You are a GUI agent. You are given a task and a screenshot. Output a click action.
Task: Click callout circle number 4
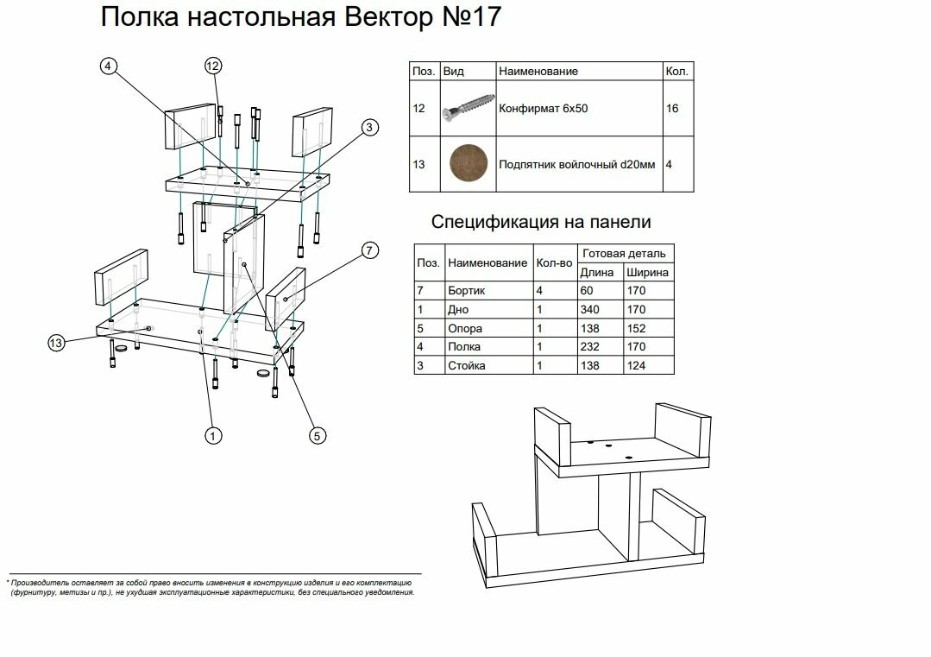(x=108, y=66)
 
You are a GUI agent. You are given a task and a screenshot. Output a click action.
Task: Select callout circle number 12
(x=213, y=66)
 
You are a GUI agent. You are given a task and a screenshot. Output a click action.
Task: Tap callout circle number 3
(x=368, y=128)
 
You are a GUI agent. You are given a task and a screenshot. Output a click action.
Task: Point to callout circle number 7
(x=368, y=250)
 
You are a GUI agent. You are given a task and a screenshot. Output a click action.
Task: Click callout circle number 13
(x=56, y=343)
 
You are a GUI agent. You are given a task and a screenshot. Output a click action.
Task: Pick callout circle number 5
(x=317, y=436)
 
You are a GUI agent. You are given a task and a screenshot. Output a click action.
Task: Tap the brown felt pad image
(x=468, y=164)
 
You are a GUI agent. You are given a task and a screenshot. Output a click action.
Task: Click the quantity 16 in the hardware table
(x=673, y=110)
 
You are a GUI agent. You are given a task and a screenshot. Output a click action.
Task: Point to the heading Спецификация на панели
(x=541, y=223)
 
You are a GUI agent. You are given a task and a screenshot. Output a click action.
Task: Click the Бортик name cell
(x=466, y=291)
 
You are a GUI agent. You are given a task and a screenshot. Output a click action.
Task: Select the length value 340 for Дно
(x=593, y=310)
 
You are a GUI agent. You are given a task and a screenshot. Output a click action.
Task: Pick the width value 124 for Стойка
(x=637, y=366)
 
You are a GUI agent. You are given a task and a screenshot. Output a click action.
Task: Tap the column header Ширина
(x=647, y=272)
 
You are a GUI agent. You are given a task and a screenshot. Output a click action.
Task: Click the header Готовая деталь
(x=624, y=254)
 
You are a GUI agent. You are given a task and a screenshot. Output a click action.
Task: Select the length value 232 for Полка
(x=593, y=347)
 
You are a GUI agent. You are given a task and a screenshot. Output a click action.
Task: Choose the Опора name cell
(x=465, y=329)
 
